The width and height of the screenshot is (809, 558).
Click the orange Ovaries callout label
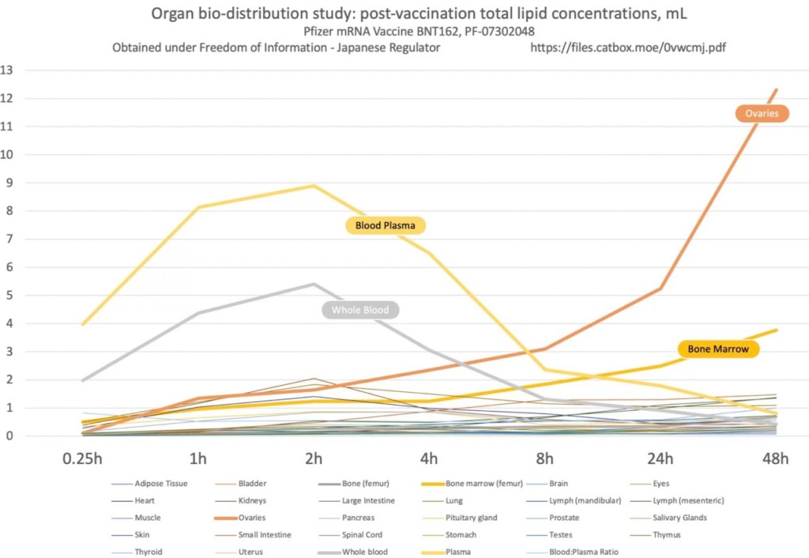click(762, 114)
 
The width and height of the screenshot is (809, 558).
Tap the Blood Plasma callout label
click(386, 226)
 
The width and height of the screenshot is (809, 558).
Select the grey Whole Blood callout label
click(360, 310)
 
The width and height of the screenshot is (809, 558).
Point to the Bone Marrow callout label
click(717, 349)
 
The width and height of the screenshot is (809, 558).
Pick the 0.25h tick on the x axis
click(81, 459)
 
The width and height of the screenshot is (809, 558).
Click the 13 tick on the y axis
click(7, 70)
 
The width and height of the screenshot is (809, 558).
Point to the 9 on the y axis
click(7, 183)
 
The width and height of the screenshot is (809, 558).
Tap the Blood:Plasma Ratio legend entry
click(584, 552)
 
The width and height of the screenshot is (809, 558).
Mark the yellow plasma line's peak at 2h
click(314, 186)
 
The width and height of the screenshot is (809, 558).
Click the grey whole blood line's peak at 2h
click(314, 284)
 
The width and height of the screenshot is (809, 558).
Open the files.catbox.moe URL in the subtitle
click(629, 47)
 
